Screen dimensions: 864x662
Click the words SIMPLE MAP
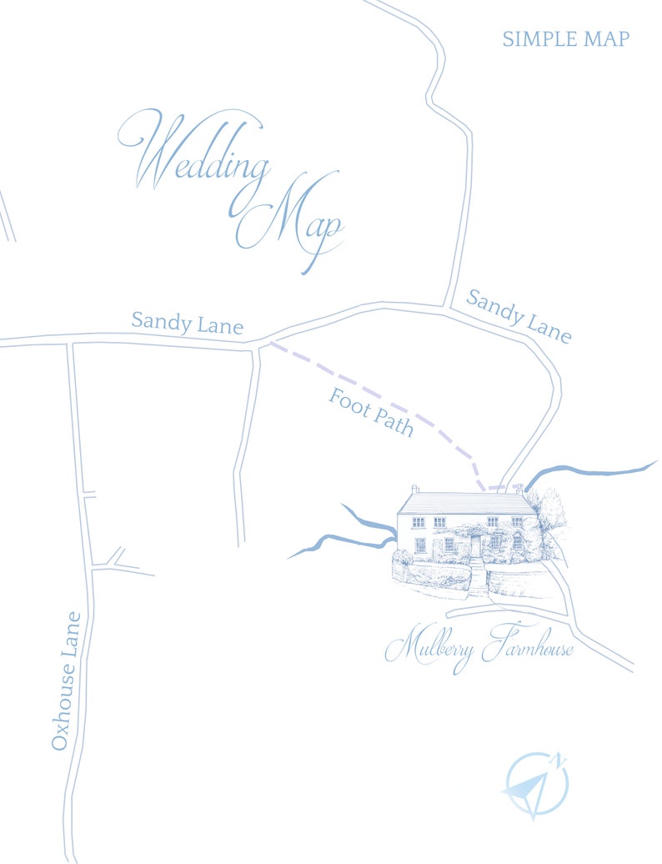(565, 38)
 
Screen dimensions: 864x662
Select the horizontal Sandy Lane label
(188, 322)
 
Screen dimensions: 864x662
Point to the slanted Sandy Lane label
(519, 315)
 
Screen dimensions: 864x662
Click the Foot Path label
(371, 412)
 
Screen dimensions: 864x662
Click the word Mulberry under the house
(429, 648)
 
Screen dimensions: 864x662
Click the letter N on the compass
(559, 760)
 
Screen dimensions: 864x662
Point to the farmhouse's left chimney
(415, 489)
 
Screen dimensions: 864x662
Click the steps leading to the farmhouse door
(477, 577)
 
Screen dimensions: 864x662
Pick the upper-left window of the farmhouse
(419, 522)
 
